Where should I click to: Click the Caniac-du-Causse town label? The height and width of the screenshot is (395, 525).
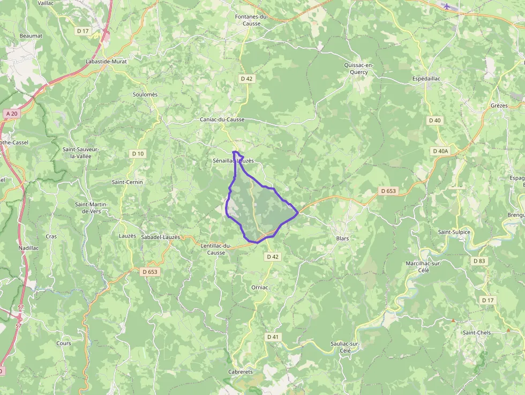pos(222,120)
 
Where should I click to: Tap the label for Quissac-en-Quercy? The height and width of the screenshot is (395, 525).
pos(359,69)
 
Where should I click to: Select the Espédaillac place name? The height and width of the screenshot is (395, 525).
pos(426,78)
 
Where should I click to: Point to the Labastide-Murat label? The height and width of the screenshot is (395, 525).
pos(106,62)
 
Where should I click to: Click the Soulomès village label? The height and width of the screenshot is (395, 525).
pos(145,95)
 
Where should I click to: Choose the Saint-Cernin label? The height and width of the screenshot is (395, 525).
pos(127,182)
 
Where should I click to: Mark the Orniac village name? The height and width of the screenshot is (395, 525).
pos(259,288)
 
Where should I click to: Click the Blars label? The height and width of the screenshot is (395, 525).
pos(342,238)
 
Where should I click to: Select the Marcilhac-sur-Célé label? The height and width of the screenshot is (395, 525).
pos(423,267)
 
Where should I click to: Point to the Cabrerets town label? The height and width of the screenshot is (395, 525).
pos(241,372)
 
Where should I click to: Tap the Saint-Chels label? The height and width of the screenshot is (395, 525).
pos(476,333)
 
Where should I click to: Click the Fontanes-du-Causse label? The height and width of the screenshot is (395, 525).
pos(251,20)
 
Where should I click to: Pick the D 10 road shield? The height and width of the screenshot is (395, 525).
pos(138,154)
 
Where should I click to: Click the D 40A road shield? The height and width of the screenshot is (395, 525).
pos(440,151)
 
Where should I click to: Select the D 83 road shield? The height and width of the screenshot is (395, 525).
pos(479,261)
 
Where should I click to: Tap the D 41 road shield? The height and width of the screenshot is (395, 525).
pos(273,337)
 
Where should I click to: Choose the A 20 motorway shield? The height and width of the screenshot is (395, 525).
pos(11,114)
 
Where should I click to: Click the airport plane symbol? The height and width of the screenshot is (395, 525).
pos(447,6)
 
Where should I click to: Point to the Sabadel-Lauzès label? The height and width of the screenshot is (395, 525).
pos(160,237)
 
